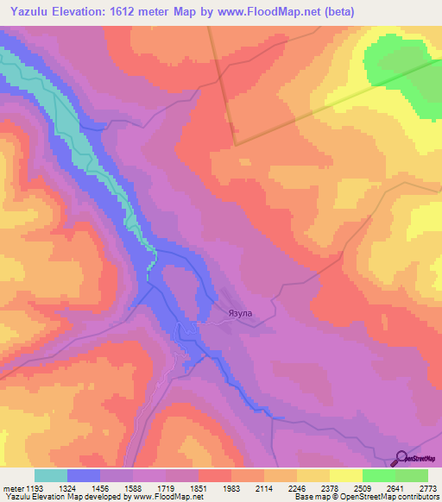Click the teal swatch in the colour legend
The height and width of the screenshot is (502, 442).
(51, 475)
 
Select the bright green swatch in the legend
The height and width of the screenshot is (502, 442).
(378, 475)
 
